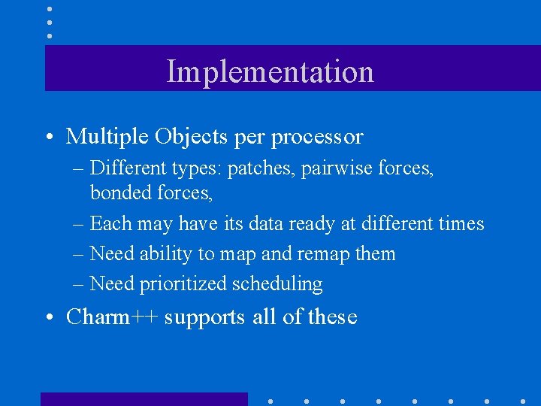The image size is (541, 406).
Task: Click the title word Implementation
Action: click(x=270, y=71)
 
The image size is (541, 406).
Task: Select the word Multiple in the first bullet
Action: click(x=107, y=136)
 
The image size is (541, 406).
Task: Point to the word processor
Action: click(x=316, y=137)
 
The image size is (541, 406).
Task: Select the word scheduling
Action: click(x=277, y=284)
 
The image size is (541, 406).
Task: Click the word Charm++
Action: click(x=112, y=317)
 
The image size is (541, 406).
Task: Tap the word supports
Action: click(x=204, y=318)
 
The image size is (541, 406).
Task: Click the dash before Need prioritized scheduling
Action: click(x=79, y=284)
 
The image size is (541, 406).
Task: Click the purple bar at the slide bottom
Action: click(x=144, y=399)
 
